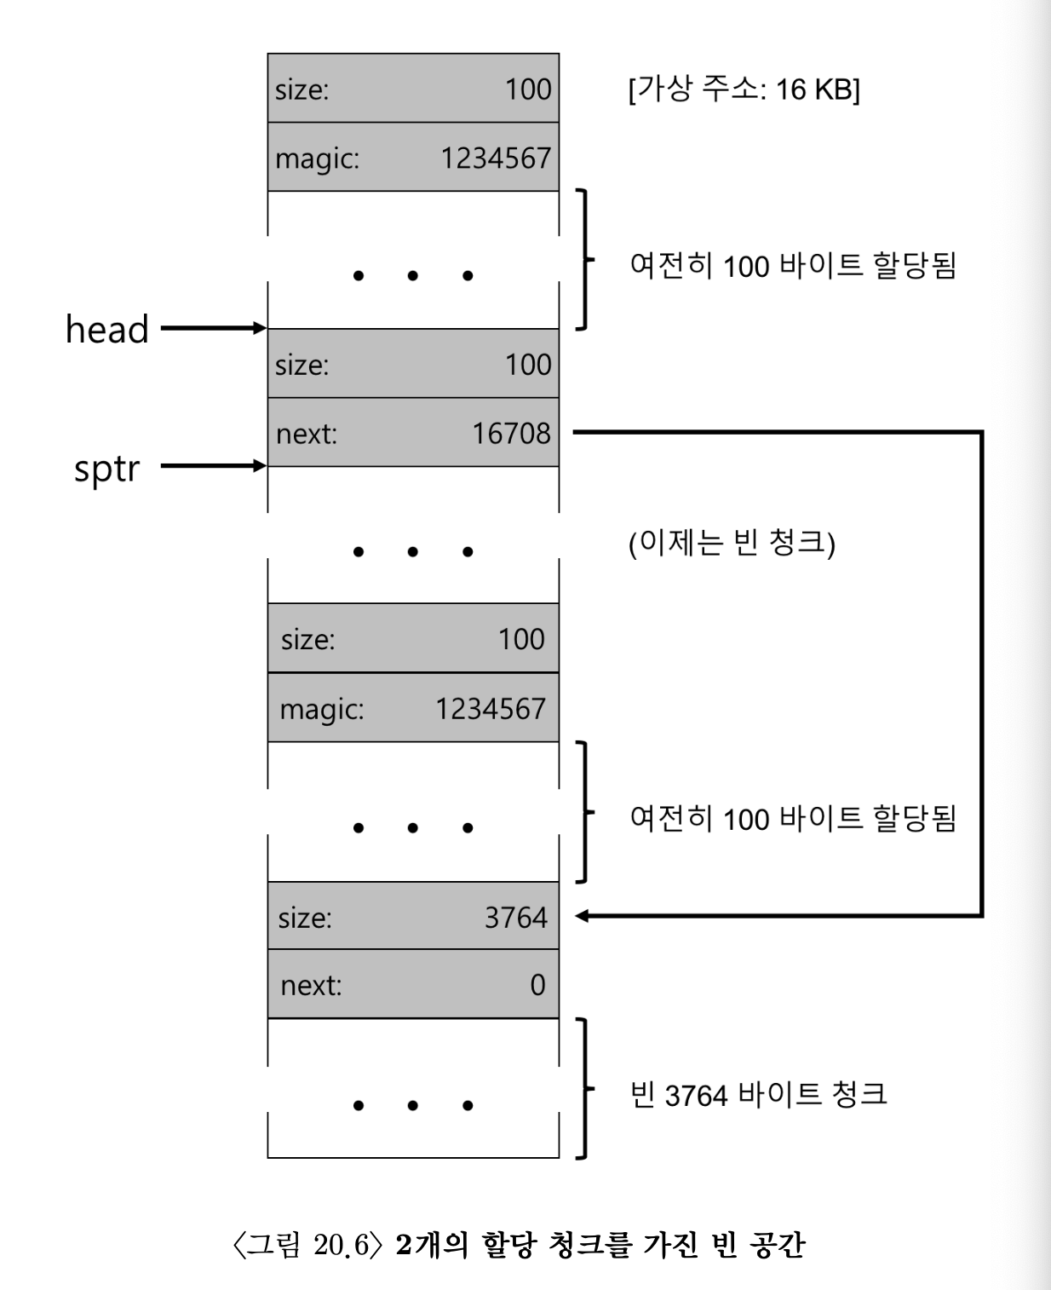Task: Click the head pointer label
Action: pos(107,330)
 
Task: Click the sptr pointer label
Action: pos(106,469)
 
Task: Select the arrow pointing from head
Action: pos(213,328)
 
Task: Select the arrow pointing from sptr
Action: pos(213,465)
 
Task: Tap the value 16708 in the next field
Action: pos(511,434)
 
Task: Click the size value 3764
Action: pos(515,918)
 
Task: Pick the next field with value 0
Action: pos(413,985)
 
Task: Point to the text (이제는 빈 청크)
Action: pos(732,543)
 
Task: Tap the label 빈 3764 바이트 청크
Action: pos(758,1094)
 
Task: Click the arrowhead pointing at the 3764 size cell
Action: pos(583,916)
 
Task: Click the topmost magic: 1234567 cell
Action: pos(413,158)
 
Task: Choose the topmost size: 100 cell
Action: pos(413,89)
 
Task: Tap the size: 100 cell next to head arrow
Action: pos(413,365)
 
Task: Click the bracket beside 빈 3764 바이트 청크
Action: pos(583,1088)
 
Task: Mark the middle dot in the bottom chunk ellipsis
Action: pos(413,1106)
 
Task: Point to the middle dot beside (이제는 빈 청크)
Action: pos(413,552)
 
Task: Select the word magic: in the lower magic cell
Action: pos(321,709)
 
